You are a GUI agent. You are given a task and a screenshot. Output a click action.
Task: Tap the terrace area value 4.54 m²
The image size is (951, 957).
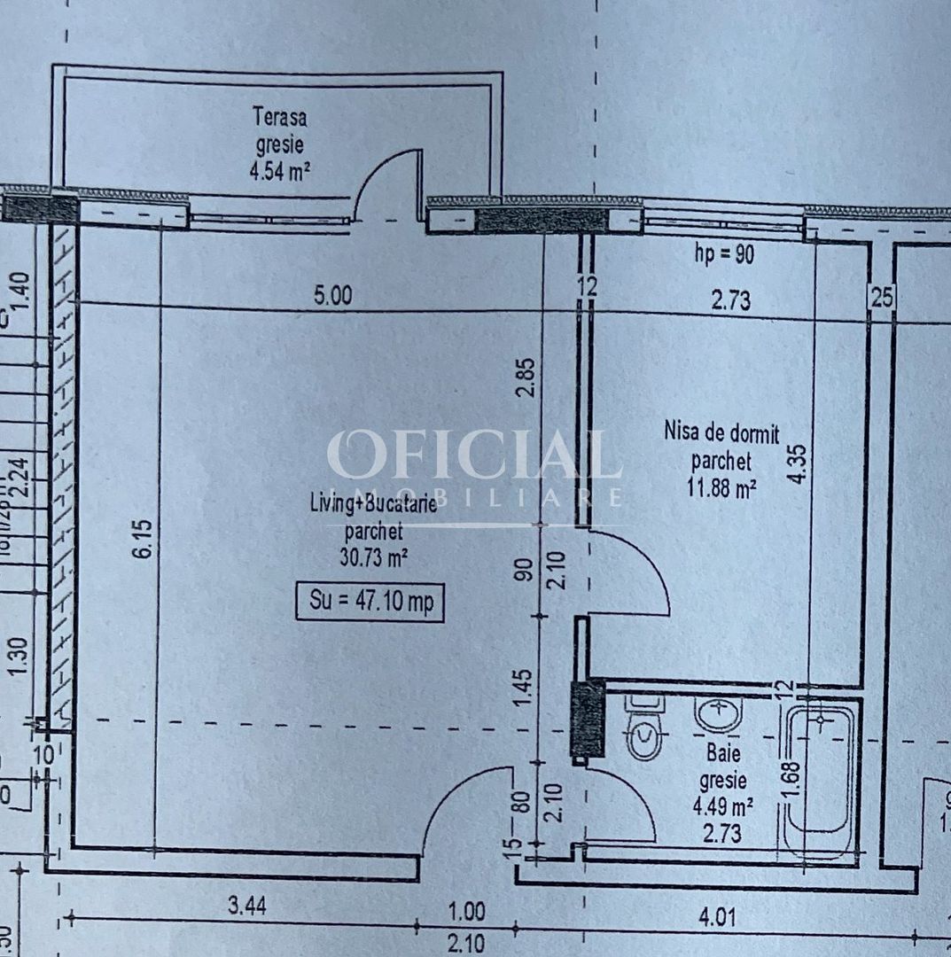pos(280,169)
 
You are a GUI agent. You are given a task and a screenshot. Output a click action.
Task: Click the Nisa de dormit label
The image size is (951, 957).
pos(721,434)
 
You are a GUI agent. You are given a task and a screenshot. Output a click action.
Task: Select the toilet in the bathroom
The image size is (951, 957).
pos(644,729)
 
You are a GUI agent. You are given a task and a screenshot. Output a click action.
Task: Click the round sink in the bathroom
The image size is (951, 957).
pos(718,713)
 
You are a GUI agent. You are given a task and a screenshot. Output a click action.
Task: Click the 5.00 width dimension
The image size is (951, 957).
pos(332,295)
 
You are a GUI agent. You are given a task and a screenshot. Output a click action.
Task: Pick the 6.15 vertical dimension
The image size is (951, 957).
pos(146,539)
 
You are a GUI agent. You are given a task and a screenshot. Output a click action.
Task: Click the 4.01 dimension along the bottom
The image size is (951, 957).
pos(717,916)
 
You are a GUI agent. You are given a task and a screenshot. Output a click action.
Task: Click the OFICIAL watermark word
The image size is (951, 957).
pos(474,456)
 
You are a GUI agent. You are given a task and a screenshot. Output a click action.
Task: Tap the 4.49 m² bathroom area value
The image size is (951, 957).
pos(722,806)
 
